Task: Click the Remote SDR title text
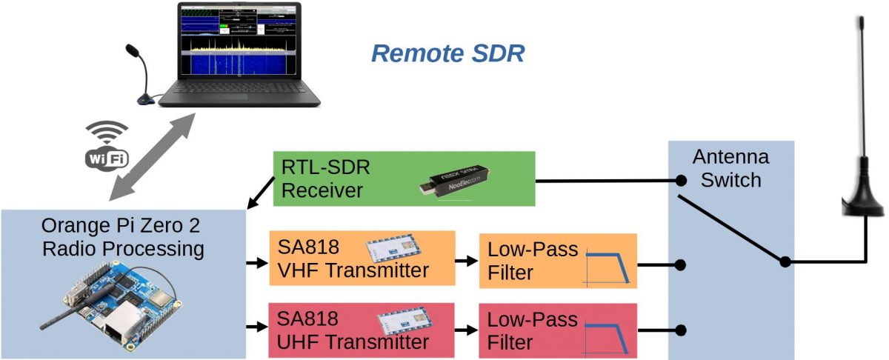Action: click(x=447, y=54)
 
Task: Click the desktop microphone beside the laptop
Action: click(x=140, y=74)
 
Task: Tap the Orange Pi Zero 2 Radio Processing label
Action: click(x=122, y=236)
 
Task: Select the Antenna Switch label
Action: click(x=730, y=169)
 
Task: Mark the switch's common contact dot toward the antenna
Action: click(x=785, y=261)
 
